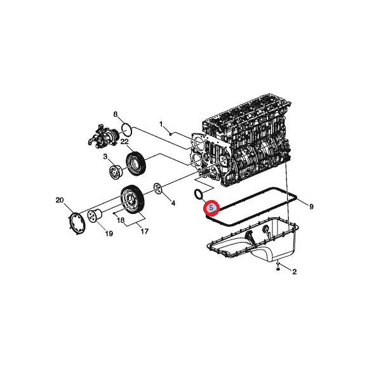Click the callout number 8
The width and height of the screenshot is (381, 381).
point(116,114)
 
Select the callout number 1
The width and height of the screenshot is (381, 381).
point(161,124)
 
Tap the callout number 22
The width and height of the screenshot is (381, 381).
point(124,142)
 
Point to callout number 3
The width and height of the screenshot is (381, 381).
point(105,156)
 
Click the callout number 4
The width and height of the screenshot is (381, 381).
point(173,203)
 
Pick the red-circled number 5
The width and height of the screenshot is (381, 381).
point(211,208)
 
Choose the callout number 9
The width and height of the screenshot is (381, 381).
point(311,207)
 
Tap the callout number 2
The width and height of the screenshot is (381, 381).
point(294,272)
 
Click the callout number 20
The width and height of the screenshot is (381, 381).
point(60,200)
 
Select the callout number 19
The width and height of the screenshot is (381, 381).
point(109,234)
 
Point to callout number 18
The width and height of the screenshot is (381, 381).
point(121,220)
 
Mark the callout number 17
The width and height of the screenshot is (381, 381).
point(145,231)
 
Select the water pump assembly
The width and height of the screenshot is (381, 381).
point(103,136)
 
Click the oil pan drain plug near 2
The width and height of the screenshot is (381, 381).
point(277,269)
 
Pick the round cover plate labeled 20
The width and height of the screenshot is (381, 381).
point(76,224)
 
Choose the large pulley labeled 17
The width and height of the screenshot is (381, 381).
point(133,199)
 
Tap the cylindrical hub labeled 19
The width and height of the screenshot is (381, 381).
point(95,216)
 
